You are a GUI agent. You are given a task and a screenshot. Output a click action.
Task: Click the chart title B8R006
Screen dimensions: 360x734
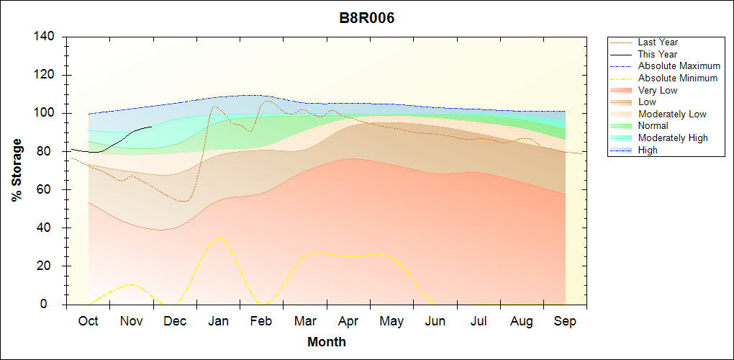pyautogui.click(x=367, y=19)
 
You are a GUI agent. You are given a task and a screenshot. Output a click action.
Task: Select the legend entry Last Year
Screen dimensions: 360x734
pyautogui.click(x=657, y=42)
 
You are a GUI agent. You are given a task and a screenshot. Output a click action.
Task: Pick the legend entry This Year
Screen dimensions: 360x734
pyautogui.click(x=657, y=54)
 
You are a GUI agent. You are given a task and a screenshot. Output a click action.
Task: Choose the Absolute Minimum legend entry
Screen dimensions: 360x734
pyautogui.click(x=677, y=78)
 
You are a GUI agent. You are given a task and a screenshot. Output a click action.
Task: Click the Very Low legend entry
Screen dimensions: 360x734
pyautogui.click(x=657, y=90)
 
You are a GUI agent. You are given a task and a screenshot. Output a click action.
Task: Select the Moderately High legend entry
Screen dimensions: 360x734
pyautogui.click(x=672, y=138)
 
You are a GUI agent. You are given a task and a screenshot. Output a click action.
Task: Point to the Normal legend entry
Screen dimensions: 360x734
pyautogui.click(x=653, y=126)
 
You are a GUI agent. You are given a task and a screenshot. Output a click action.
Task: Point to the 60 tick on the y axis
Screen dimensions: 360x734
pyautogui.click(x=47, y=190)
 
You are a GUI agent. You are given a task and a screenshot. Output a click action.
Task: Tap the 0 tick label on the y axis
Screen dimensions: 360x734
pyautogui.click(x=53, y=305)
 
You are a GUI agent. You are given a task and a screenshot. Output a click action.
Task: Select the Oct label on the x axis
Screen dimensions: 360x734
pyautogui.click(x=88, y=321)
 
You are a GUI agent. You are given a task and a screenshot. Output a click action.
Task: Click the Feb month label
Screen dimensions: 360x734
pyautogui.click(x=261, y=321)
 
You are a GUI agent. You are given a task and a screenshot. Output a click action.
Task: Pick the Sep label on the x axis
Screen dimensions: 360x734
pyautogui.click(x=565, y=321)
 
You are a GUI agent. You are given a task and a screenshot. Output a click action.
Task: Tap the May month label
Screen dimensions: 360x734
pyautogui.click(x=391, y=321)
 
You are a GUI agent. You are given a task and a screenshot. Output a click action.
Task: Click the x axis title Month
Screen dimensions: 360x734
pyautogui.click(x=326, y=342)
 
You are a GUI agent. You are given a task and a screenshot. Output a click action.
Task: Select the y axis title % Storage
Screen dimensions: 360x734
pyautogui.click(x=17, y=171)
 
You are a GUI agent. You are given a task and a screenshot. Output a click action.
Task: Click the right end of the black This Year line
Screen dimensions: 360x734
pyautogui.click(x=151, y=127)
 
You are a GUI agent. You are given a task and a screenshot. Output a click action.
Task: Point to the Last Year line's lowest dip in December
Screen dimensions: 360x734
pyautogui.click(x=184, y=201)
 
